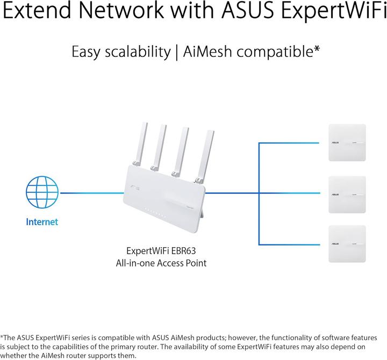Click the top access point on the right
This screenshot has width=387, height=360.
(x=347, y=142)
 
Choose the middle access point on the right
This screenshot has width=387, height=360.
(x=347, y=194)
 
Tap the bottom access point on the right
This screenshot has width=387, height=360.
(x=347, y=245)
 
